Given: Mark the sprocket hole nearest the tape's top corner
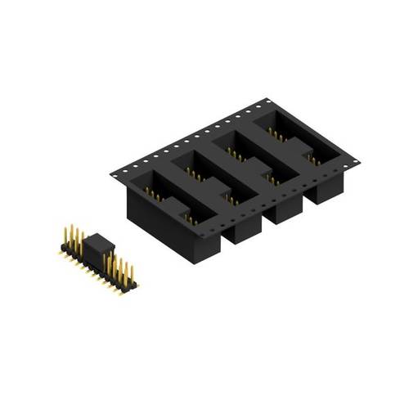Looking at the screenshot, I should (x=261, y=106).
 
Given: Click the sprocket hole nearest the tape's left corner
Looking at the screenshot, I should (x=120, y=173).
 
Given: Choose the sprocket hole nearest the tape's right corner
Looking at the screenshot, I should (x=353, y=161).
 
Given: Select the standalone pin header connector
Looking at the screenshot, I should (x=97, y=258).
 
